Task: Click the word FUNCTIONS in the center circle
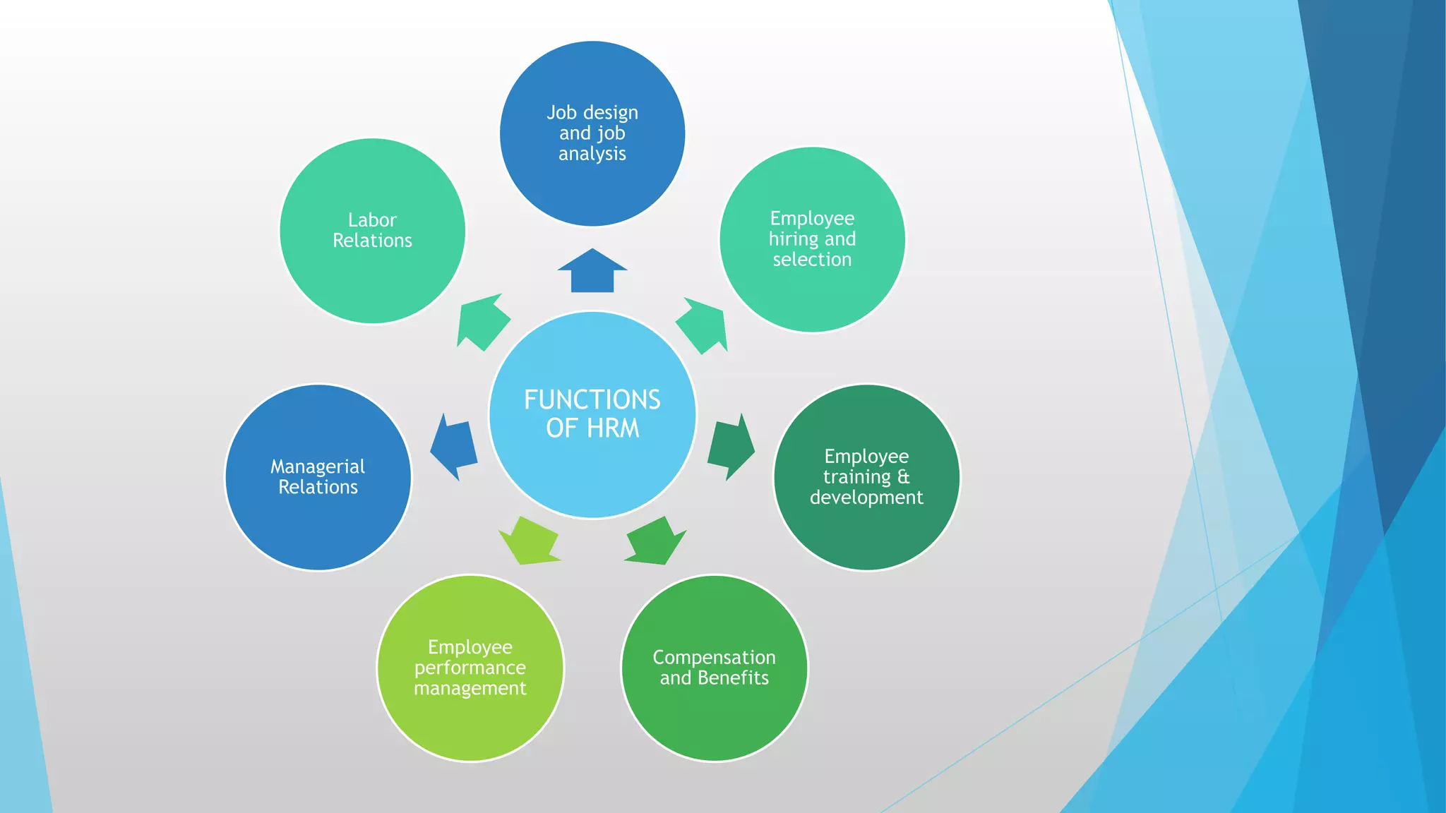(x=592, y=399)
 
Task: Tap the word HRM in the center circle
(x=613, y=428)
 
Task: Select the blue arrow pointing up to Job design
(x=592, y=272)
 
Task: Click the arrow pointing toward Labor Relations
(x=482, y=321)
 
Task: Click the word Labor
(x=372, y=220)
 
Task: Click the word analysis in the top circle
(x=592, y=154)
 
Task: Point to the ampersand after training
(x=903, y=476)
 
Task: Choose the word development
(x=866, y=498)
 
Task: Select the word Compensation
(x=714, y=658)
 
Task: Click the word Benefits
(x=733, y=678)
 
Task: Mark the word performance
(x=470, y=668)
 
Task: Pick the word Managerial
(x=318, y=466)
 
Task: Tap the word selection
(x=812, y=260)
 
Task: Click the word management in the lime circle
(x=470, y=688)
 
